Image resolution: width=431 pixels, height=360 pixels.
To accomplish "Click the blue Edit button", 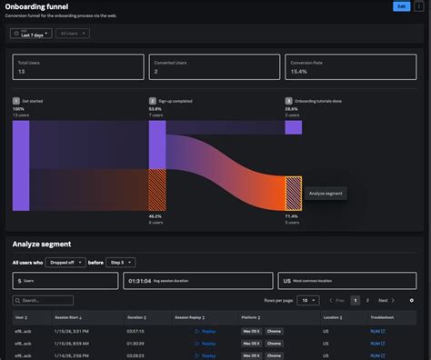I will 401,6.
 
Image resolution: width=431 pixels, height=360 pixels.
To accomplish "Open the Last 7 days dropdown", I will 30,33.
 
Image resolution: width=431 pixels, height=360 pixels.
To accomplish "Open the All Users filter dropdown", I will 72,33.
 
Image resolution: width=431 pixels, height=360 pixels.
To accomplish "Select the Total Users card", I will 77,66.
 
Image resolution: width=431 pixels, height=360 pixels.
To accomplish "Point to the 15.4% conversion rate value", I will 299,71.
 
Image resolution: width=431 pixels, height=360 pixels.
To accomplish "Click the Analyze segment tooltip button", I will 326,193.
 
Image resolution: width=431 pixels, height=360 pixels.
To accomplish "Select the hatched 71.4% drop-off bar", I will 294,193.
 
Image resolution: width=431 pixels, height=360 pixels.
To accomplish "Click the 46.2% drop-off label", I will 155,216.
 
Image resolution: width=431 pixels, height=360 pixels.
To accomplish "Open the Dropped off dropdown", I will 67,262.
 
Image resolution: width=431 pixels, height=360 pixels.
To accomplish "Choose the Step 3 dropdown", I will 120,262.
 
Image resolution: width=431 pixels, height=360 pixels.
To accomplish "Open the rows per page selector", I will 309,300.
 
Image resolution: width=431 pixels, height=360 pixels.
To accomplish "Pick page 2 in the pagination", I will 367,300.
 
